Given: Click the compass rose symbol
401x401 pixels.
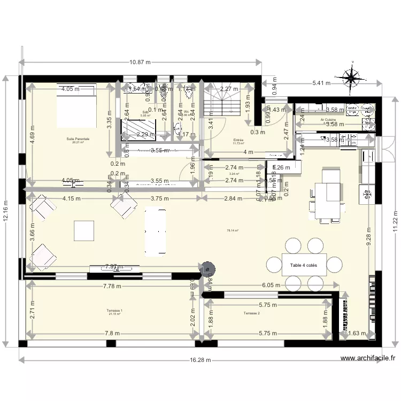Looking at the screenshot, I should (x=351, y=78).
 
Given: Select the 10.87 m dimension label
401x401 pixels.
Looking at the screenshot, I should (x=140, y=62).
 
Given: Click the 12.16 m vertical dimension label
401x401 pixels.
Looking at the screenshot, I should (x=6, y=211).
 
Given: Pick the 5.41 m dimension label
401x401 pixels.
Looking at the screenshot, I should (x=321, y=83).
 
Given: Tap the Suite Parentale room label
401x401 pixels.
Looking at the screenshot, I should (x=78, y=139).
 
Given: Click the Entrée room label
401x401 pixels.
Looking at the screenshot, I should (x=238, y=140).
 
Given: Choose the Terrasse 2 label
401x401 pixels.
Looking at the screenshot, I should (x=251, y=313).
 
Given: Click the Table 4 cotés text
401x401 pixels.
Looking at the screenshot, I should (x=304, y=265).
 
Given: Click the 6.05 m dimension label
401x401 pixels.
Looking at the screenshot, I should (x=270, y=286).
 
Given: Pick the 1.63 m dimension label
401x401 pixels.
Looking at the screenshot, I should (x=357, y=334).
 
